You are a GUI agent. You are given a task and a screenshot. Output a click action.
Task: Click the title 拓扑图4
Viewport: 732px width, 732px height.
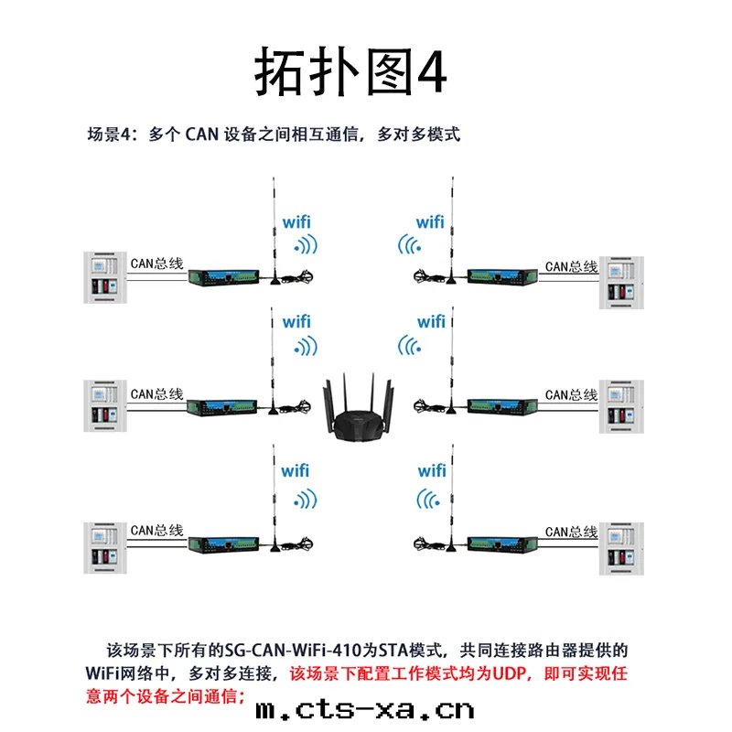tap(350, 71)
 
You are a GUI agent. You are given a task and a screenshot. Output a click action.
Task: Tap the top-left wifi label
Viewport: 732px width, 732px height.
tap(296, 222)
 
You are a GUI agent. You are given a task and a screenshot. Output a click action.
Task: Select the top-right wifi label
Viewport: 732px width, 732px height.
tap(430, 222)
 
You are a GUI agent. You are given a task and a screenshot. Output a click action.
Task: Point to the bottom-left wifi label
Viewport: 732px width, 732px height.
tap(295, 470)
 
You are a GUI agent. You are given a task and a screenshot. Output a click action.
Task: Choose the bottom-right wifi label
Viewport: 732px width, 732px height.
tap(432, 470)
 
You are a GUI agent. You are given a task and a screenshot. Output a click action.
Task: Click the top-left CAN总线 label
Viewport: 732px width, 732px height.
tap(156, 264)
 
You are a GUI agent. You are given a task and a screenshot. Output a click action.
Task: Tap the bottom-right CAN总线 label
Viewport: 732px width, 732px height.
tap(571, 532)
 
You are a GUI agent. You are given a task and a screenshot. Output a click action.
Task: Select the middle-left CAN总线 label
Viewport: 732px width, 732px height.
tap(156, 394)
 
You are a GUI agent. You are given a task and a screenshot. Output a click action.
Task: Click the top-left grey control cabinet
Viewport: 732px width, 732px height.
tap(105, 277)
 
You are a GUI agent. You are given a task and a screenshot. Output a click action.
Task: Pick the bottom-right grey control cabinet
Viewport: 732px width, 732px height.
tap(621, 548)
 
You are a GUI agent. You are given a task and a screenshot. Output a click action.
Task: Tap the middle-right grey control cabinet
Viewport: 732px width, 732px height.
tap(621, 406)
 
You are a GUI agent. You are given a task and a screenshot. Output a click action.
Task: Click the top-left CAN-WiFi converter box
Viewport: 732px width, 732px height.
tap(223, 277)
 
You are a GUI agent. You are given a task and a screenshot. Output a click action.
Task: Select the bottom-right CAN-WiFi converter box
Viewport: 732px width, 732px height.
tap(502, 544)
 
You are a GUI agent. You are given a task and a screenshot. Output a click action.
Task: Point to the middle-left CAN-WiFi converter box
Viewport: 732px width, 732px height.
tap(222, 407)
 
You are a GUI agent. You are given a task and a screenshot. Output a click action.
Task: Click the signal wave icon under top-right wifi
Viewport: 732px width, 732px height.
tap(409, 244)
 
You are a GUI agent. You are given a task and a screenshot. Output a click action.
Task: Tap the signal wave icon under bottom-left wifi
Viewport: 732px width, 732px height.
tap(306, 500)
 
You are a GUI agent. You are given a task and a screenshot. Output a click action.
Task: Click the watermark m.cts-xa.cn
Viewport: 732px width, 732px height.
tap(365, 710)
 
